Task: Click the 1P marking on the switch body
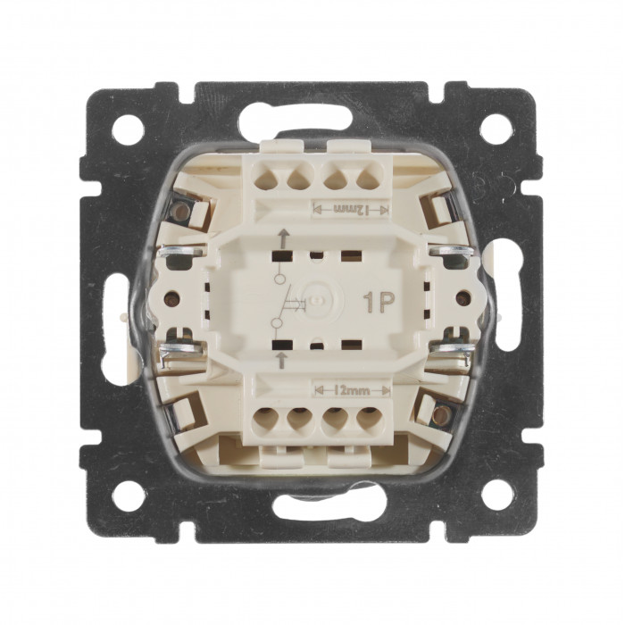379,303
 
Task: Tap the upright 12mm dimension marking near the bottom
352,391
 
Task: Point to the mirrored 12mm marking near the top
351,209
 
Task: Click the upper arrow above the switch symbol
283,237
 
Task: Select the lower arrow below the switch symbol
282,360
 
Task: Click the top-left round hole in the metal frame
129,129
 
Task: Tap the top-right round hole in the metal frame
496,129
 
